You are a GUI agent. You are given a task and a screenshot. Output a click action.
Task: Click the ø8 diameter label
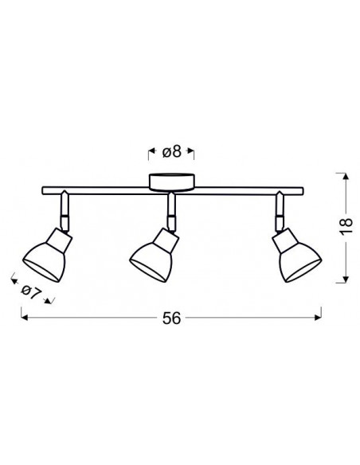tap(171, 151)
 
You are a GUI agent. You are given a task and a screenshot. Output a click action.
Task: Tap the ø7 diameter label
tap(31, 292)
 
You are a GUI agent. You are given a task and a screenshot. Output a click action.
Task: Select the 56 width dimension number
tap(171, 318)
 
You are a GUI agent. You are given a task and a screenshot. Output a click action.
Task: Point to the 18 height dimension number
tap(346, 227)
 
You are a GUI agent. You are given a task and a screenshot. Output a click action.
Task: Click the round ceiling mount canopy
tap(172, 182)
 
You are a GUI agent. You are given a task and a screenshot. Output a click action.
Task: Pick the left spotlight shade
tap(48, 255)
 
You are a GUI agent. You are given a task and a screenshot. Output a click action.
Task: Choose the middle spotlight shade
tap(155, 255)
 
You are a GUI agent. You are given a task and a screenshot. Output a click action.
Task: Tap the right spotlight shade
tap(296, 256)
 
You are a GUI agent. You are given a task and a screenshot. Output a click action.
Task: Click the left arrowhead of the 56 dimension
tap(25, 318)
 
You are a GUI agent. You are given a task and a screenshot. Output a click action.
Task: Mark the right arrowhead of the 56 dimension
tap(318, 318)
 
